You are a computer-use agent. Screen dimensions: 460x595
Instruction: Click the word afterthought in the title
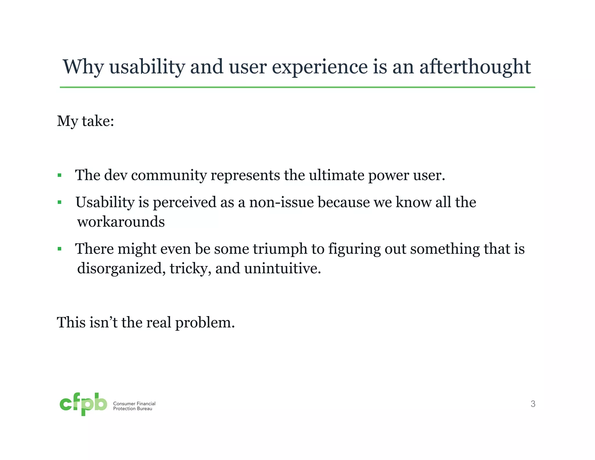475,67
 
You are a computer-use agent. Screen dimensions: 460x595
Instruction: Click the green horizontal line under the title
297,87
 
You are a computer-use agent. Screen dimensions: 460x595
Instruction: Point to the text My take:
85,121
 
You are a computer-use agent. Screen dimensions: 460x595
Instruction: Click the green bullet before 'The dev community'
60,175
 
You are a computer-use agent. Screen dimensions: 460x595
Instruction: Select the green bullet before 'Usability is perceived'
60,202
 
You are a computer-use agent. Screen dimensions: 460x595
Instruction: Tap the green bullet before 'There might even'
60,249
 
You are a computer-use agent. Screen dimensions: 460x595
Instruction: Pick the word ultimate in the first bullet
336,175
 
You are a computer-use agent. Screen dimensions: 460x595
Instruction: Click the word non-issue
282,202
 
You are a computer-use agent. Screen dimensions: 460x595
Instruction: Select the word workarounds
121,222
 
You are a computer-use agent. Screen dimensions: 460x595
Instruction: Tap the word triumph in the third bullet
280,249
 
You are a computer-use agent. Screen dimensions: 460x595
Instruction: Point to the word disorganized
121,268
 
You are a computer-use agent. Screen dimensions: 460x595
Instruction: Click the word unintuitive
282,268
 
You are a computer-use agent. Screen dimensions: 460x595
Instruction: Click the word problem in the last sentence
205,323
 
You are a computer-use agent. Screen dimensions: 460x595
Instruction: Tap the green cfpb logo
83,404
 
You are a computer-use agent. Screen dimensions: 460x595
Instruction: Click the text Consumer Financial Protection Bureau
134,406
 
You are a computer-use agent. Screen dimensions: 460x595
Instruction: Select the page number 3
533,404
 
